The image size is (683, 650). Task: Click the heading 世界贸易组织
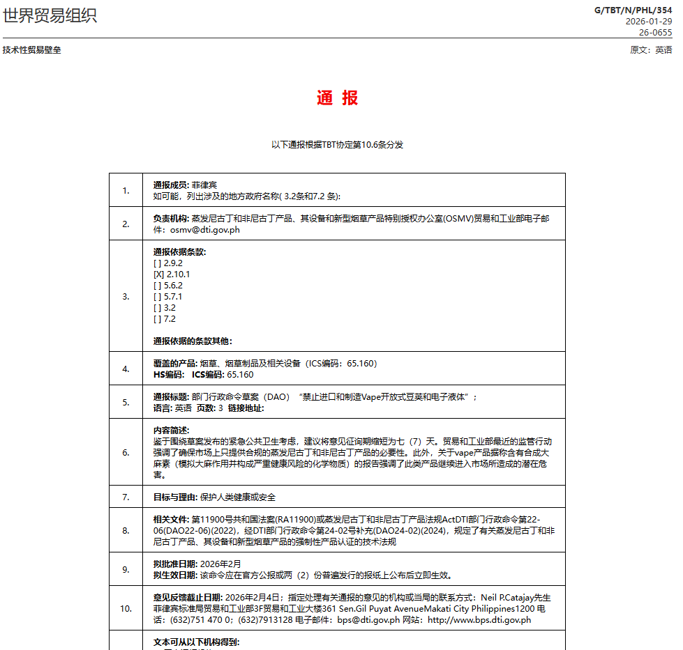pyautogui.click(x=50, y=15)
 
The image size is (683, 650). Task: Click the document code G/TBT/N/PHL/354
pyautogui.click(x=633, y=10)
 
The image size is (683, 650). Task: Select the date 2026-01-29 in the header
pyautogui.click(x=649, y=22)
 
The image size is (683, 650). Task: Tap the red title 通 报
pyautogui.click(x=337, y=98)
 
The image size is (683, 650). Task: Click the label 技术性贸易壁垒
pyautogui.click(x=32, y=50)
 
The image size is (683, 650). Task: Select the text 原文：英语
pyautogui.click(x=651, y=50)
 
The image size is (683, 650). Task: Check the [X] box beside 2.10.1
pyautogui.click(x=158, y=274)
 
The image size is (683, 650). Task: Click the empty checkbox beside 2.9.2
pyautogui.click(x=158, y=263)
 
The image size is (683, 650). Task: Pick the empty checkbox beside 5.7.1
pyautogui.click(x=158, y=297)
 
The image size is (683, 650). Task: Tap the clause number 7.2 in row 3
pyautogui.click(x=170, y=319)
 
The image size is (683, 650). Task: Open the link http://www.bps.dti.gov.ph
pyautogui.click(x=479, y=620)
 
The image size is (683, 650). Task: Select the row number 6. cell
pyautogui.click(x=126, y=453)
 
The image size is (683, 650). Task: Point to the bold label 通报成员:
pyautogui.click(x=171, y=185)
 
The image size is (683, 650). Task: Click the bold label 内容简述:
pyautogui.click(x=171, y=431)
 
